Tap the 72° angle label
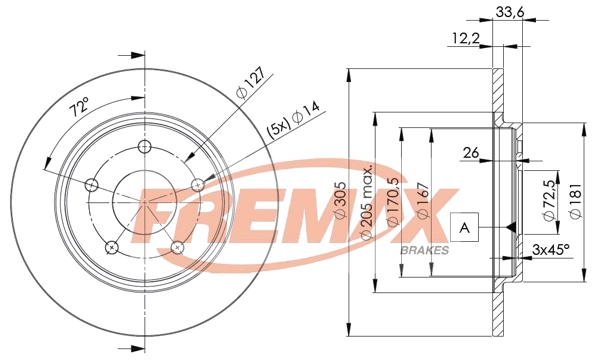point(79,105)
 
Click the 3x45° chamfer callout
point(550,248)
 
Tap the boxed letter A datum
point(463,228)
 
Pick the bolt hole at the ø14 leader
point(198,182)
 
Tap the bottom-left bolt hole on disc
point(111,246)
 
